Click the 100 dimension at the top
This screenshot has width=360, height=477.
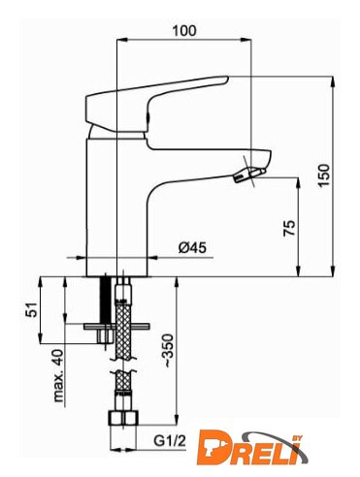click(184, 31)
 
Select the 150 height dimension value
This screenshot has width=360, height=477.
click(323, 175)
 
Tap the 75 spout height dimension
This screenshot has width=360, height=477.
click(289, 228)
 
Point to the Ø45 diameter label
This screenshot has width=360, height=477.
click(192, 248)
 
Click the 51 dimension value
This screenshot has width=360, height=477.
click(32, 309)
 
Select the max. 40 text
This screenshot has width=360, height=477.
click(58, 375)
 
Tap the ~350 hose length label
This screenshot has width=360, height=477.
click(169, 351)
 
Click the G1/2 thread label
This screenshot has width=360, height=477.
click(170, 441)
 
